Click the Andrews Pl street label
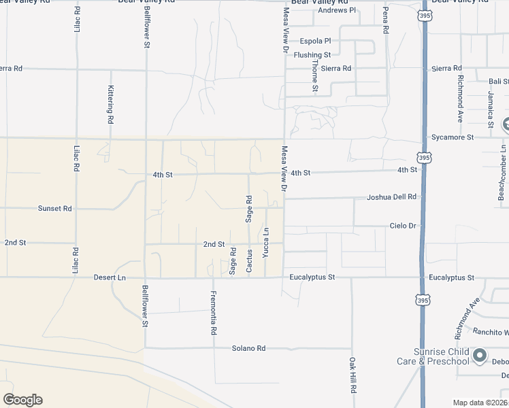click(338, 10)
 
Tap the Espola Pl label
click(315, 41)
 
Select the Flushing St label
click(312, 55)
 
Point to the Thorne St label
click(315, 75)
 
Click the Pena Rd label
click(385, 20)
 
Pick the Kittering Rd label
click(110, 104)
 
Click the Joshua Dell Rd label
click(391, 197)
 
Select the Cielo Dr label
click(402, 226)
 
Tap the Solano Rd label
click(248, 348)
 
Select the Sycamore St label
click(453, 137)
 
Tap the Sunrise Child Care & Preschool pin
click(480, 355)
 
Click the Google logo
click(22, 400)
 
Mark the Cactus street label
click(250, 261)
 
